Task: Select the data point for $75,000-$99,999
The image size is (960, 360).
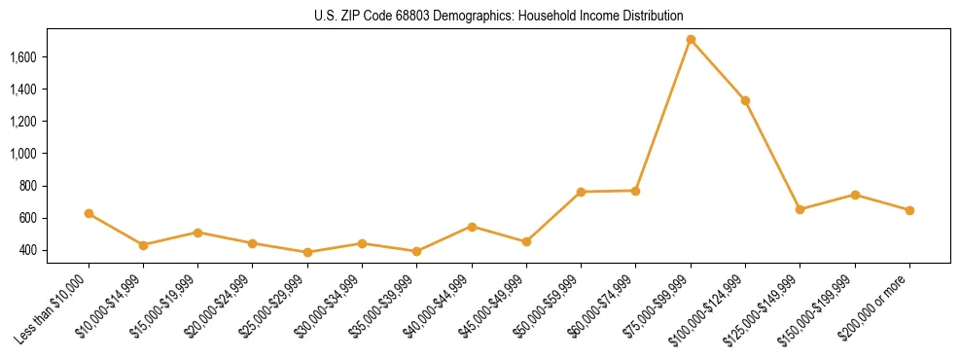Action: click(691, 40)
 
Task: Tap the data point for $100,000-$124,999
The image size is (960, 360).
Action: click(745, 100)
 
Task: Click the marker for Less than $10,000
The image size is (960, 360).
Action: click(89, 213)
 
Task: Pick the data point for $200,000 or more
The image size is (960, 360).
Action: click(909, 210)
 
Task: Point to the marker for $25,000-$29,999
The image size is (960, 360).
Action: click(307, 252)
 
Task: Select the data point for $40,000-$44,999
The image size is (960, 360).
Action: click(472, 227)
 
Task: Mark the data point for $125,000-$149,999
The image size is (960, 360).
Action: click(800, 209)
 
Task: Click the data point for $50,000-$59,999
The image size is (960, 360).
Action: click(581, 192)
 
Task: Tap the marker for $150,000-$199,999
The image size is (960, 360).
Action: click(855, 195)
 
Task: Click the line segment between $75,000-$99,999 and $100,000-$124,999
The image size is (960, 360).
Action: click(718, 70)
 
